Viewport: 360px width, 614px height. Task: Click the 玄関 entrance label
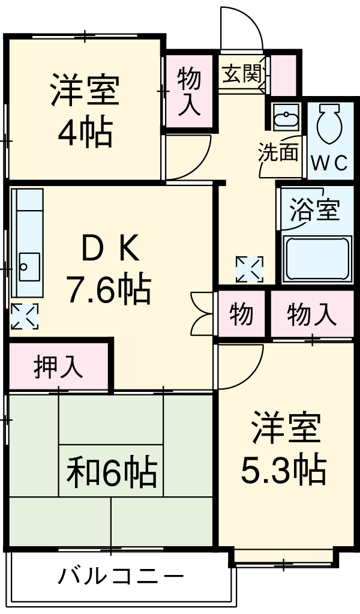(241, 73)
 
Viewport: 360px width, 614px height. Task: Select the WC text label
(330, 163)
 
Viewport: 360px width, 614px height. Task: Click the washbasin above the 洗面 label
(286, 117)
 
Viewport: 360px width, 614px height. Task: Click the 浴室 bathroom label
(314, 210)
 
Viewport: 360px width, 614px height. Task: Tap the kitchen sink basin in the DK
(29, 266)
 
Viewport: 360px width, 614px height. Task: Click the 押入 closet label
(59, 367)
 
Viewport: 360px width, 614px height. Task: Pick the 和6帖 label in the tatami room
(112, 471)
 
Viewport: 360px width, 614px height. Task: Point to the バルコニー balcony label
(121, 576)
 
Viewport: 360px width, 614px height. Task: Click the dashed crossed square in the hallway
(250, 269)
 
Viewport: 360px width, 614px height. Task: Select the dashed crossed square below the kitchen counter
(25, 316)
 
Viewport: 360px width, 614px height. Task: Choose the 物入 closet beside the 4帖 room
(190, 92)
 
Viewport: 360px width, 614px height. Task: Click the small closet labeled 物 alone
(241, 314)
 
